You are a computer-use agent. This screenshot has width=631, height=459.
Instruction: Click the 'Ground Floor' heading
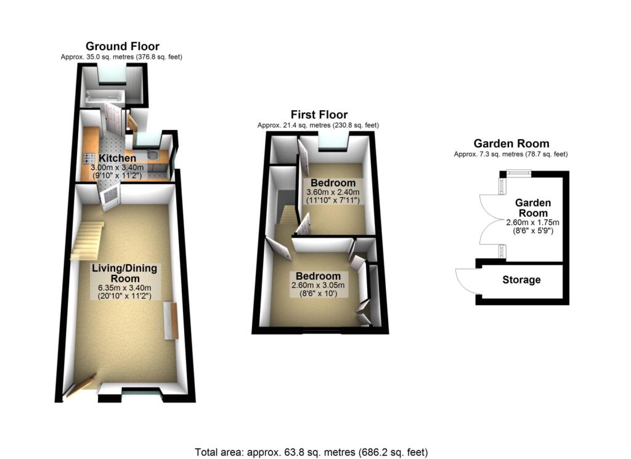tap(122, 46)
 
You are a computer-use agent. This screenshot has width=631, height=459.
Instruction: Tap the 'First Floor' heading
tap(319, 115)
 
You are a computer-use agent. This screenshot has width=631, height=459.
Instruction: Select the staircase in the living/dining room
tap(86, 240)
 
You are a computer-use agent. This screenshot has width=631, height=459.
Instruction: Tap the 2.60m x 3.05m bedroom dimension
tap(317, 285)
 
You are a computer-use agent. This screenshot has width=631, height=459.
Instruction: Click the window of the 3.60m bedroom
tap(333, 144)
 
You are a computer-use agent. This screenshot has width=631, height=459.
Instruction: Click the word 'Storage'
tap(521, 280)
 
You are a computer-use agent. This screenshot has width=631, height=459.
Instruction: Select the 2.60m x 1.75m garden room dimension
tap(532, 222)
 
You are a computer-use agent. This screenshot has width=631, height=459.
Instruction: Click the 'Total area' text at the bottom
tap(311, 452)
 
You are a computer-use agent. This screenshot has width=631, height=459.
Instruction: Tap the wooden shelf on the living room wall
tap(169, 320)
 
